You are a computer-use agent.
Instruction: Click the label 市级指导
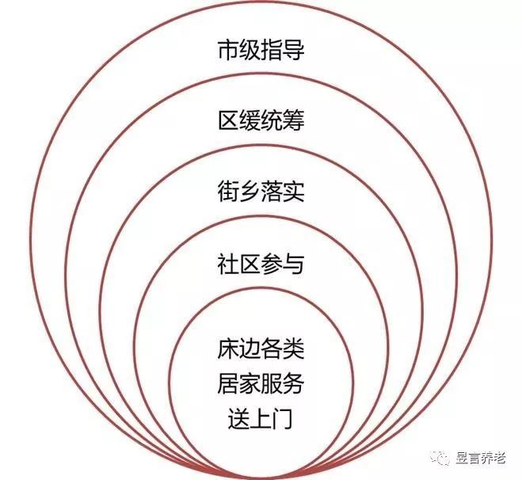(261, 50)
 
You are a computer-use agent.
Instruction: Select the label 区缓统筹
(261, 120)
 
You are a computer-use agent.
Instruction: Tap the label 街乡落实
(261, 191)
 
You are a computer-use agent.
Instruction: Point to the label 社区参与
(261, 263)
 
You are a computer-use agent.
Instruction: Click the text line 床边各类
(261, 349)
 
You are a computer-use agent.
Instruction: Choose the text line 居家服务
(261, 384)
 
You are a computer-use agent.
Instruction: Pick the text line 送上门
(261, 419)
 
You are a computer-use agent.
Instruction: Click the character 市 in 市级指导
(229, 50)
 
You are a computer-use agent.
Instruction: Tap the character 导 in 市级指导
(294, 50)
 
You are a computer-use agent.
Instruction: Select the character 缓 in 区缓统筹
(250, 120)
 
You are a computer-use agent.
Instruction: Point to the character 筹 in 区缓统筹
(294, 120)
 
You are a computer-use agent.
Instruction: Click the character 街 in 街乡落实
(229, 191)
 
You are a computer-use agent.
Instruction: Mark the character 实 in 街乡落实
(294, 191)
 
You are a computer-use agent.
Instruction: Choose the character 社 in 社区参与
(229, 263)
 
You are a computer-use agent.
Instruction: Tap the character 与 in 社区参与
(294, 263)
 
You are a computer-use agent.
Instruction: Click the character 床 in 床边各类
(229, 349)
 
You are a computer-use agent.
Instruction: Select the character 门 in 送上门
(282, 419)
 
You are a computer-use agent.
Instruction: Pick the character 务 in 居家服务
(294, 384)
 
